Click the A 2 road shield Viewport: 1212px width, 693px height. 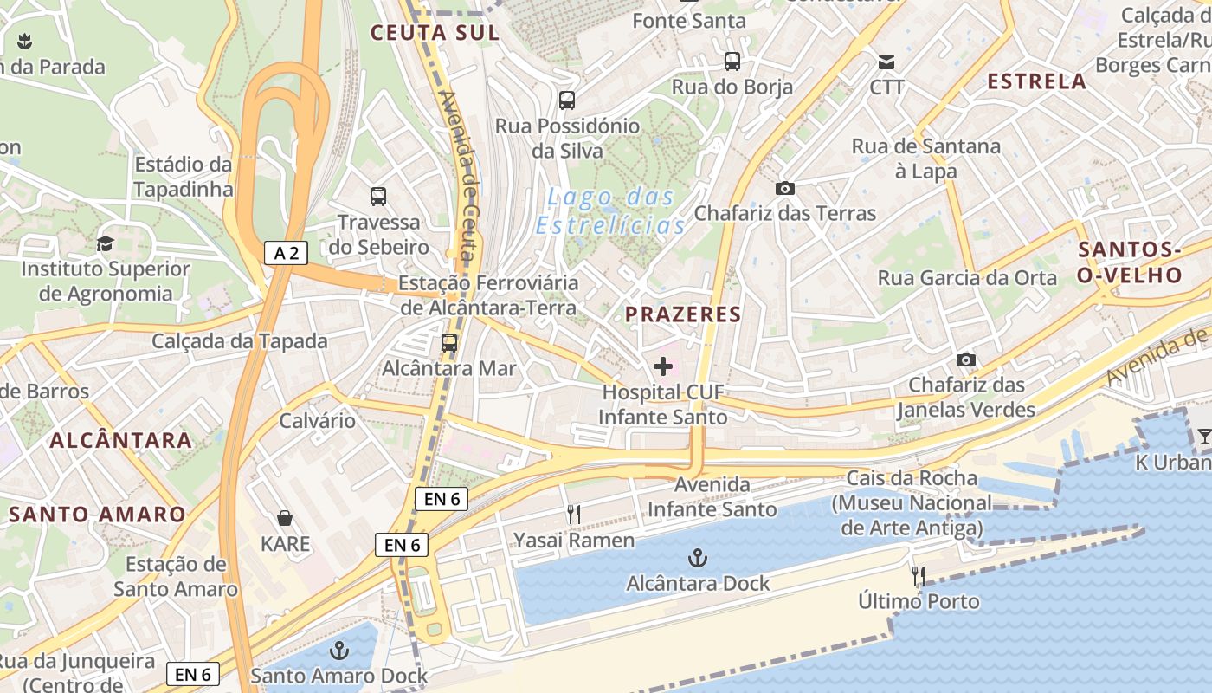pyautogui.click(x=286, y=253)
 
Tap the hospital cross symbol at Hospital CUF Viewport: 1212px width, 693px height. pyautogui.click(x=663, y=366)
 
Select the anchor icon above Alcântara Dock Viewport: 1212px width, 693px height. pyautogui.click(x=697, y=558)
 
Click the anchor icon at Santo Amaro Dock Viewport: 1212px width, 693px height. pyautogui.click(x=339, y=651)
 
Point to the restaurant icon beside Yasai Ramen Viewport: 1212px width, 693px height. pyautogui.click(x=573, y=515)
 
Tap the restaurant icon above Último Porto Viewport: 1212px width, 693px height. pyautogui.click(x=919, y=575)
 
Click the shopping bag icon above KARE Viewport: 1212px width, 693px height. pyautogui.click(x=285, y=519)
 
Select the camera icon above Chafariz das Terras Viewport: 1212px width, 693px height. pyautogui.click(x=785, y=188)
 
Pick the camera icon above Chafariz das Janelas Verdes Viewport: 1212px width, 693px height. pyautogui.click(x=966, y=359)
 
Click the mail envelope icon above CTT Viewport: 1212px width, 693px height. pyautogui.click(x=886, y=62)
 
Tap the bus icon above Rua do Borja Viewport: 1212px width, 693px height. pyautogui.click(x=732, y=62)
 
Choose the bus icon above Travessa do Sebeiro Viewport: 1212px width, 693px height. pyautogui.click(x=378, y=197)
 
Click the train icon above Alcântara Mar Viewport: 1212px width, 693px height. pyautogui.click(x=449, y=342)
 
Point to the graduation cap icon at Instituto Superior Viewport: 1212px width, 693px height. pyautogui.click(x=105, y=243)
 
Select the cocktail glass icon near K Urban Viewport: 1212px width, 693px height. pyautogui.click(x=1204, y=437)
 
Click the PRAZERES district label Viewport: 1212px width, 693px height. pyautogui.click(x=683, y=314)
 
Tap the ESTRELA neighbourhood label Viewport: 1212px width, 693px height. pyautogui.click(x=1036, y=81)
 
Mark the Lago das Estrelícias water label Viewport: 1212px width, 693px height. pyautogui.click(x=611, y=211)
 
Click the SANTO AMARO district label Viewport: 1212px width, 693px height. pyautogui.click(x=97, y=515)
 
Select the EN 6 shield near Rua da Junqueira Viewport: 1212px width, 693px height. pyautogui.click(x=192, y=674)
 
